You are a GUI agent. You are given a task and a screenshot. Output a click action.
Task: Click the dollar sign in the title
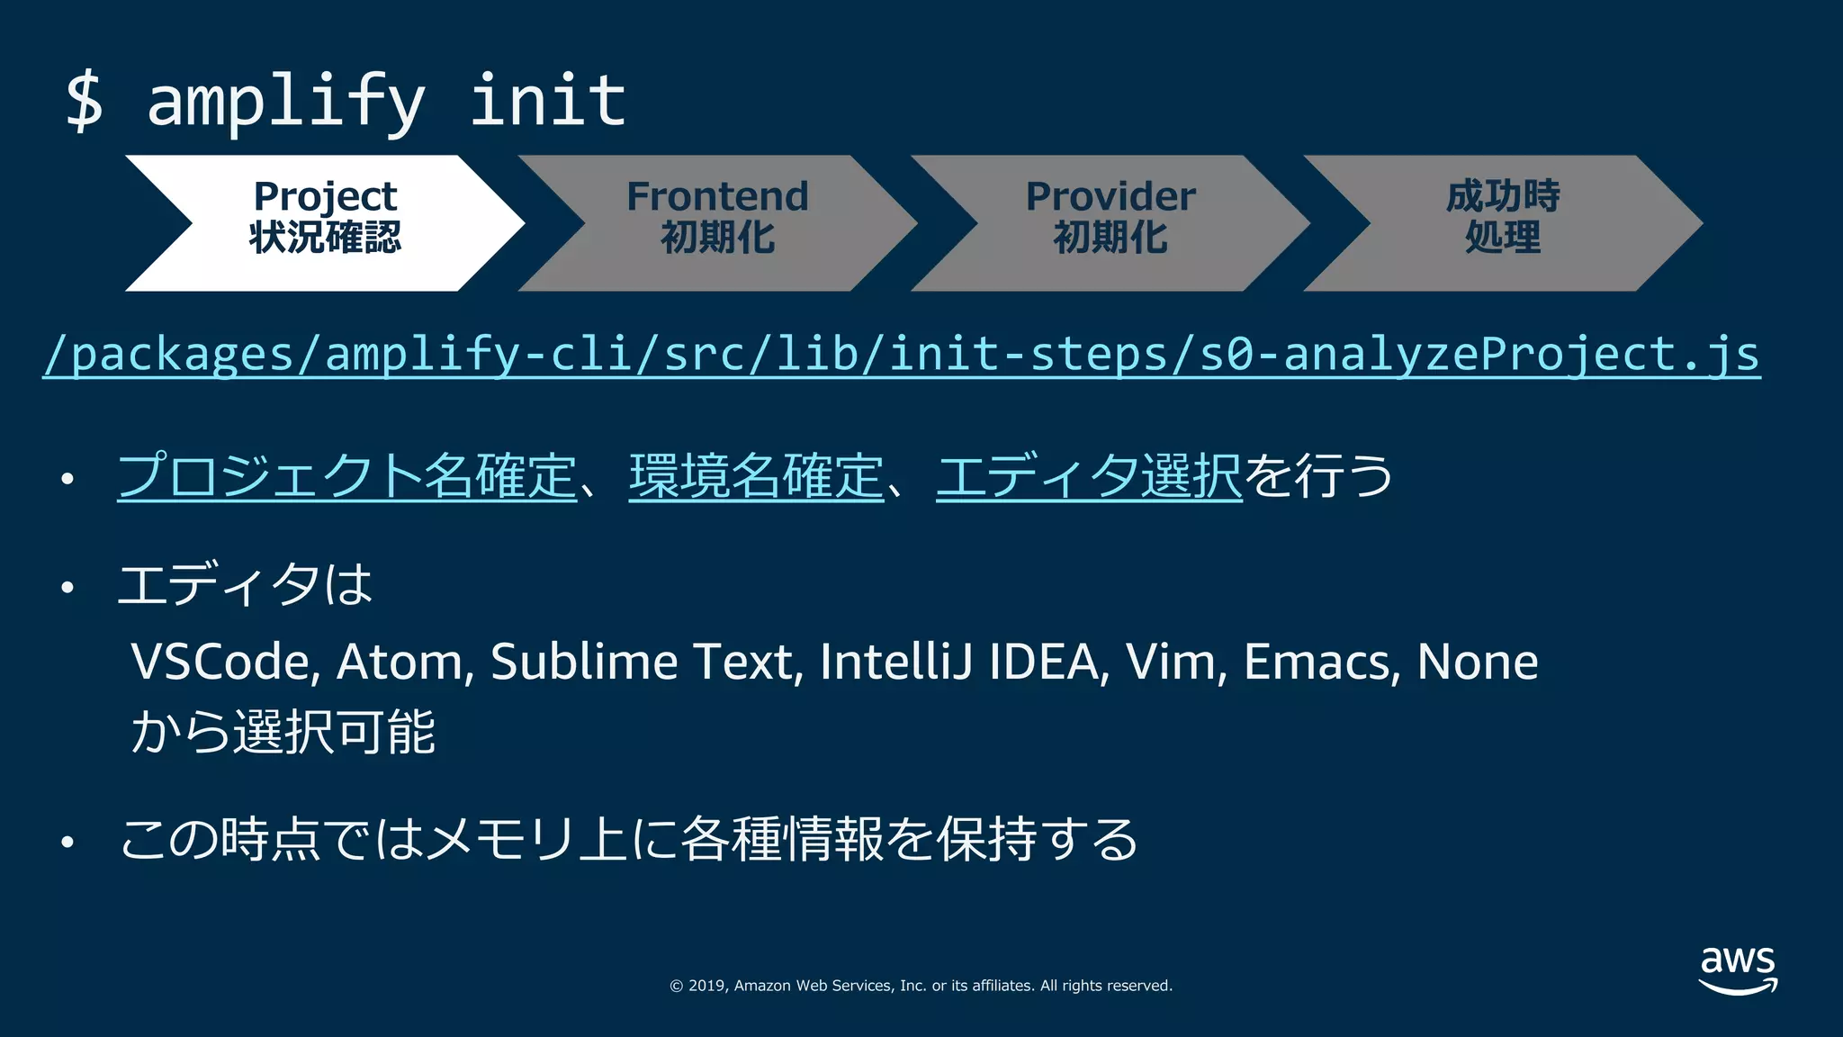click(x=85, y=102)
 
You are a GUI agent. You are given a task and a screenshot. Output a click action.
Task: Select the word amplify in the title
click(x=285, y=102)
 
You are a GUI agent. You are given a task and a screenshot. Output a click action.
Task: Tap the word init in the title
click(x=547, y=100)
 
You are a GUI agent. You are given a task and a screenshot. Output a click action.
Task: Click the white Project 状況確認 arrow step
click(x=325, y=222)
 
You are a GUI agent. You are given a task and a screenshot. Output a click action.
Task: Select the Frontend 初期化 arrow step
click(x=717, y=222)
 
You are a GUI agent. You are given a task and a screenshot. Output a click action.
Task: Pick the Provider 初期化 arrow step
click(x=1110, y=222)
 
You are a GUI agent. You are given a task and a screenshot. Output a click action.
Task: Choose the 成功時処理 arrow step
click(x=1503, y=222)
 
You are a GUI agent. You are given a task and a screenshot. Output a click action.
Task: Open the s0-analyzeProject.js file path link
click(x=901, y=355)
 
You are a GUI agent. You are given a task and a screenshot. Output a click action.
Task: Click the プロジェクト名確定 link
click(x=346, y=476)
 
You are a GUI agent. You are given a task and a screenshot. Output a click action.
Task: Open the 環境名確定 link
click(x=756, y=476)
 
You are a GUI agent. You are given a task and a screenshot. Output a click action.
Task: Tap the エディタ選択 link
click(x=1089, y=476)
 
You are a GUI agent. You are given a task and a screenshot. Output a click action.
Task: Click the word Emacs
click(x=1320, y=663)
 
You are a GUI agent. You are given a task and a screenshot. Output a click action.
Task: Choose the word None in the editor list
click(x=1477, y=663)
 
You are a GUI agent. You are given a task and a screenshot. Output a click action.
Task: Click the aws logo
click(x=1738, y=969)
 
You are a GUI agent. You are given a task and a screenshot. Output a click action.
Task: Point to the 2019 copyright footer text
click(x=921, y=986)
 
